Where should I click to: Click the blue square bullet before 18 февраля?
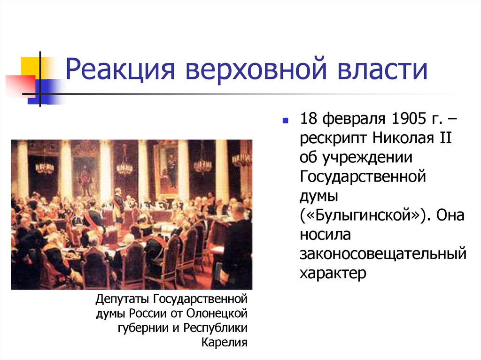[x=285, y=121]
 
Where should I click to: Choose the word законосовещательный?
[x=383, y=254]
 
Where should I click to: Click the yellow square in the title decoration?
[x=30, y=66]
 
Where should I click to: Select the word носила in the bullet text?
[x=324, y=235]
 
